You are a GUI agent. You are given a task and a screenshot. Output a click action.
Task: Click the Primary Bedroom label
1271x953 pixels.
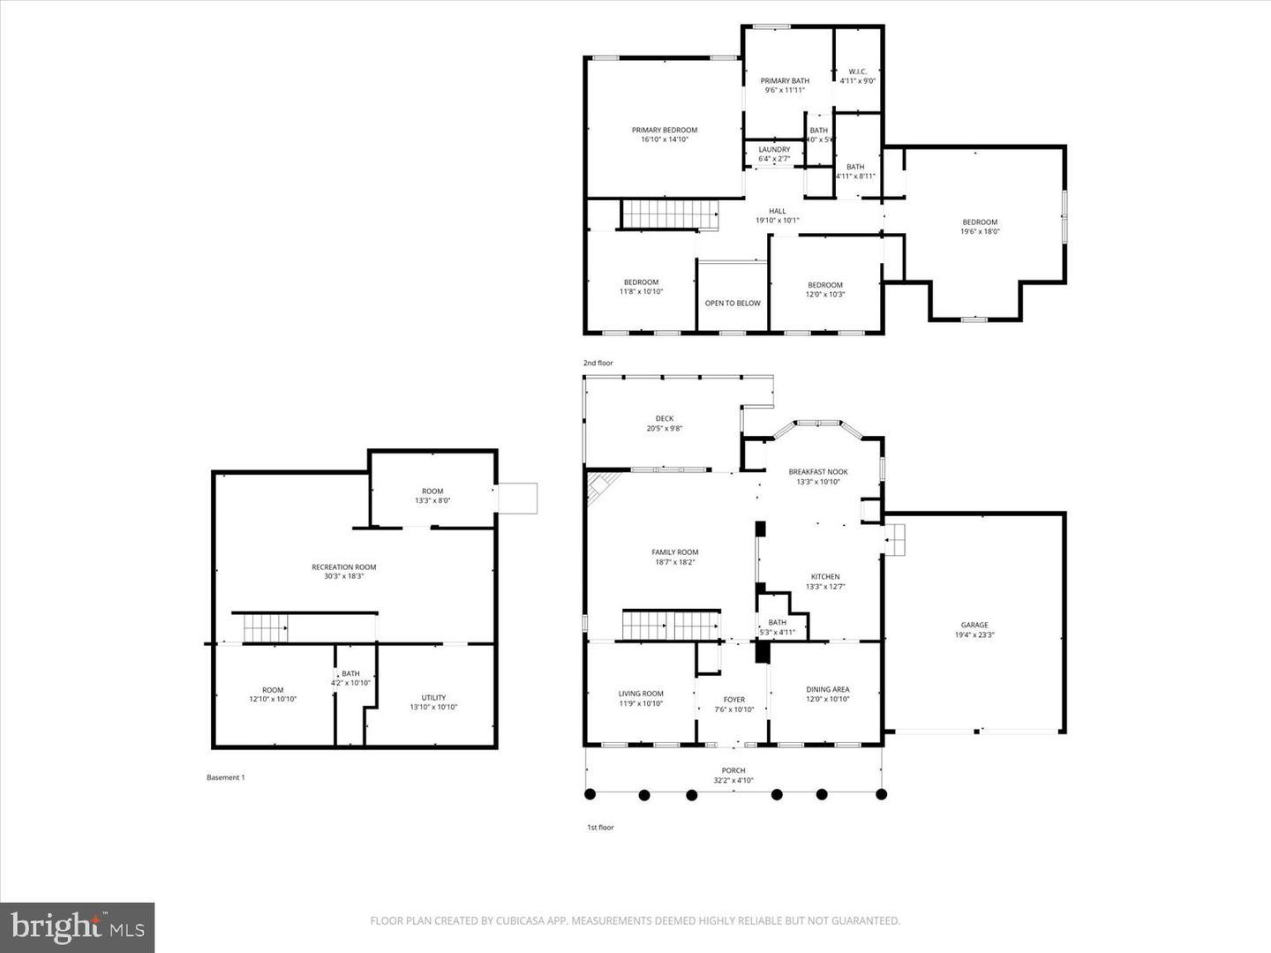(664, 130)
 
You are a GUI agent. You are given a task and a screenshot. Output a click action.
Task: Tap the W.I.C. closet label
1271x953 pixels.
(857, 71)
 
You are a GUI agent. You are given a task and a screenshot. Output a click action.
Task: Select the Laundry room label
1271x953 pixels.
(774, 150)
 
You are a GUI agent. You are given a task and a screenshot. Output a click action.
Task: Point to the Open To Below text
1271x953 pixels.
(732, 303)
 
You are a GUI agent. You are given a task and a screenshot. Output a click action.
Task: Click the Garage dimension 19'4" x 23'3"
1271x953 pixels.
(974, 634)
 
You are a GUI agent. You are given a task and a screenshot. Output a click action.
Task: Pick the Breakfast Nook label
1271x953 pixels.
(817, 472)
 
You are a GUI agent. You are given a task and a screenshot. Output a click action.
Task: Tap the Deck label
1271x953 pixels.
(664, 419)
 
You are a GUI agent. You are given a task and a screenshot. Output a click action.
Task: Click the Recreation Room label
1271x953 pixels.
(343, 567)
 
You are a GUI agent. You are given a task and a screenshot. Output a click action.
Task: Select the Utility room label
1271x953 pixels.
(433, 697)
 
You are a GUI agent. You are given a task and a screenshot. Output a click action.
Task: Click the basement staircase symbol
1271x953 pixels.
(266, 628)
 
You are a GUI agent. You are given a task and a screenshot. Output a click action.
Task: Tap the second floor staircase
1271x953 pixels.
(667, 214)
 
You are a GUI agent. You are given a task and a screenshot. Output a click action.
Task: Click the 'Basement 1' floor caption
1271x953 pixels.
(225, 777)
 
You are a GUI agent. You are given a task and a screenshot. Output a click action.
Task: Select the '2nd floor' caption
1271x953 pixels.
(598, 363)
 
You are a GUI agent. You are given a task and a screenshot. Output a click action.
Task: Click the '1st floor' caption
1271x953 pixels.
(600, 827)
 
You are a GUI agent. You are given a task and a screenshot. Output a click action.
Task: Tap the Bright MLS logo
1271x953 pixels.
(78, 927)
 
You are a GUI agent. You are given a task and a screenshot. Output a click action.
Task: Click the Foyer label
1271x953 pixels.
(733, 700)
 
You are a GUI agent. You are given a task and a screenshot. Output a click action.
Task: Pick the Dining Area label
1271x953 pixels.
(827, 690)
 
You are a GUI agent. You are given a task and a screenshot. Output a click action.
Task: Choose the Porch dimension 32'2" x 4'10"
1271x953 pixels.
(733, 780)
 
